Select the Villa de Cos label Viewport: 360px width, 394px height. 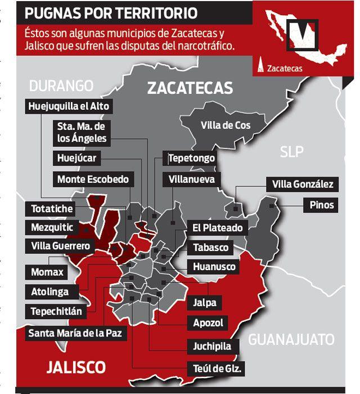coord(226,126)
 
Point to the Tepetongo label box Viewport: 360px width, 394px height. coord(192,158)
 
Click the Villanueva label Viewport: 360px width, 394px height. coord(192,180)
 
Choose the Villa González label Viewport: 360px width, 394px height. coord(303,184)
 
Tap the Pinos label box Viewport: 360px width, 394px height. coord(322,204)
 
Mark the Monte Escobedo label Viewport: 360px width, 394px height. coord(93,180)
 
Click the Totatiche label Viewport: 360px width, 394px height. coord(52,209)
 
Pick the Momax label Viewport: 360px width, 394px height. coord(48,272)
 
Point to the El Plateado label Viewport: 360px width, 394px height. coord(218,228)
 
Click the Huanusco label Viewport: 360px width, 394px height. coord(214,267)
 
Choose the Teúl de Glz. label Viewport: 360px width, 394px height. coord(217,369)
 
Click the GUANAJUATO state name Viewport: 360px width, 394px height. coord(291,339)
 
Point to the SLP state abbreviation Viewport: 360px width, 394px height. coord(291,152)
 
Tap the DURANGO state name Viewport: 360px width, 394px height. coord(61,86)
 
